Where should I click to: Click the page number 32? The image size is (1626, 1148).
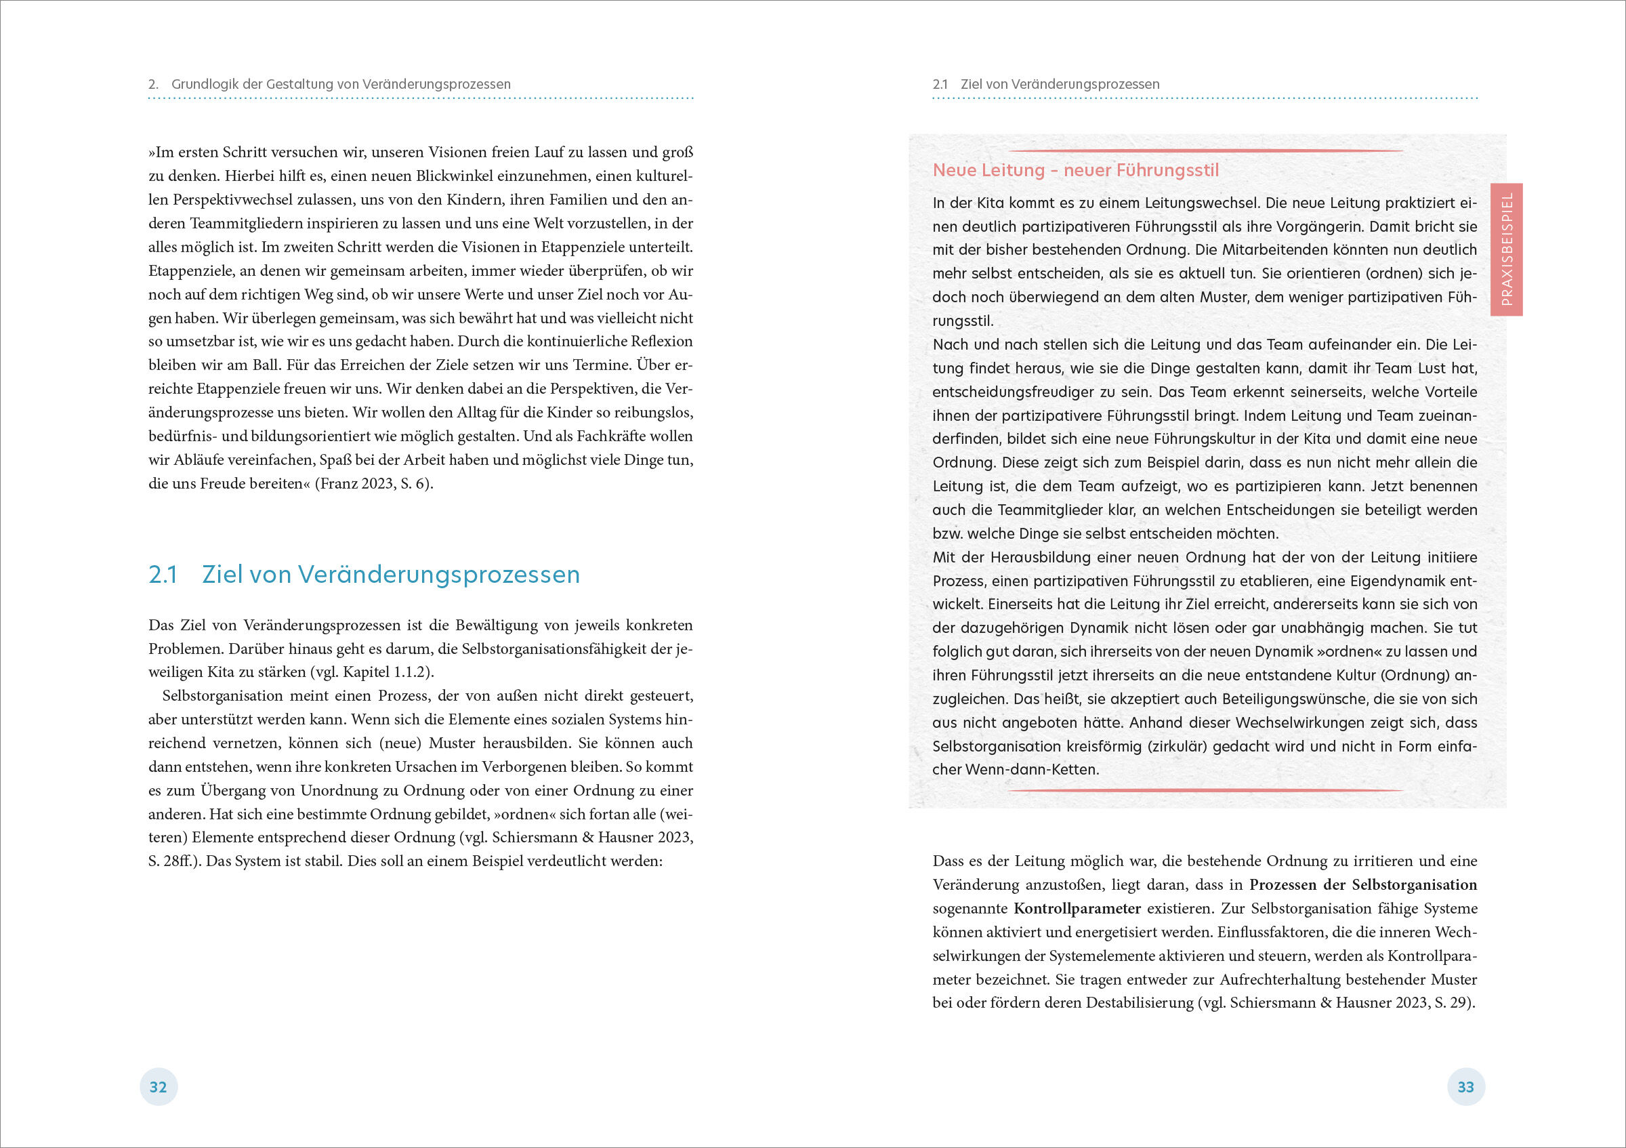158,1087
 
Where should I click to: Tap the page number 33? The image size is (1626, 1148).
1465,1087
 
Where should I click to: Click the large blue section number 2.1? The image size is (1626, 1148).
163,575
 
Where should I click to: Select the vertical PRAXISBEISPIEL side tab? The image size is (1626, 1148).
1506,249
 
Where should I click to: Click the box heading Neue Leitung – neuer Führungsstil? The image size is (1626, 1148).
1075,170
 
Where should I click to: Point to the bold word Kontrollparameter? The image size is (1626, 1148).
1077,909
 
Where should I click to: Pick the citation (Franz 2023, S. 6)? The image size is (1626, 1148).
374,484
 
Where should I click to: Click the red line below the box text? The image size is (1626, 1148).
1205,790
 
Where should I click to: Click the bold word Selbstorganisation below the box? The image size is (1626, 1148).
1414,884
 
